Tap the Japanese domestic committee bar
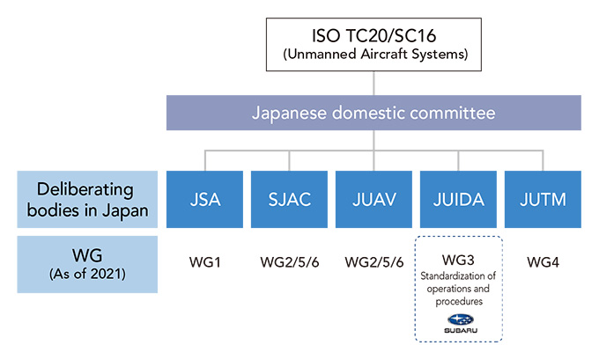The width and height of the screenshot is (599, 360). [x=374, y=114]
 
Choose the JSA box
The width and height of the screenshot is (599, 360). [x=205, y=200]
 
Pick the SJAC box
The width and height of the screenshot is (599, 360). [x=290, y=200]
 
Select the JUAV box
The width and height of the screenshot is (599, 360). [x=374, y=200]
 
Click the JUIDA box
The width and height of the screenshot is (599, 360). [x=459, y=200]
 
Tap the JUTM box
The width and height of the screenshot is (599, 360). [x=543, y=200]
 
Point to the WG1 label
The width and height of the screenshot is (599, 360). [x=205, y=263]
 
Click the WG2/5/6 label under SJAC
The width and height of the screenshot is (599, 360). [x=290, y=263]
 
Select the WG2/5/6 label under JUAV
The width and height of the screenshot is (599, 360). [x=374, y=263]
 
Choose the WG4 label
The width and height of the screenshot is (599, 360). [x=543, y=263]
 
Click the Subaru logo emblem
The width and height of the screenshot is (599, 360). [x=459, y=322]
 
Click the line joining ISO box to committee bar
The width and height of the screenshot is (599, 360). [x=374, y=83]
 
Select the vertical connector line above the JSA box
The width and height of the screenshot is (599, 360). [x=205, y=160]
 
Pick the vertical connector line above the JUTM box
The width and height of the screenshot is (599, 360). [x=543, y=160]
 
